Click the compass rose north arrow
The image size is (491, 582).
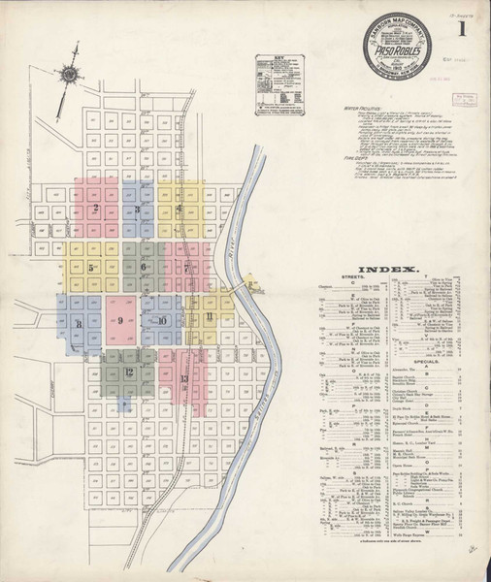68,73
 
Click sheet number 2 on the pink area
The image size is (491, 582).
96,209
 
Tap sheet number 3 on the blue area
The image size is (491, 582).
140,210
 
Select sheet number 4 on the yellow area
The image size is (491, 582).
180,209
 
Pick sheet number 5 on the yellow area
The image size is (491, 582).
91,267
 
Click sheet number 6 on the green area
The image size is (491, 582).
144,267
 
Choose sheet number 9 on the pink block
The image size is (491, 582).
120,320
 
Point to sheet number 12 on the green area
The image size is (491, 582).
128,372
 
